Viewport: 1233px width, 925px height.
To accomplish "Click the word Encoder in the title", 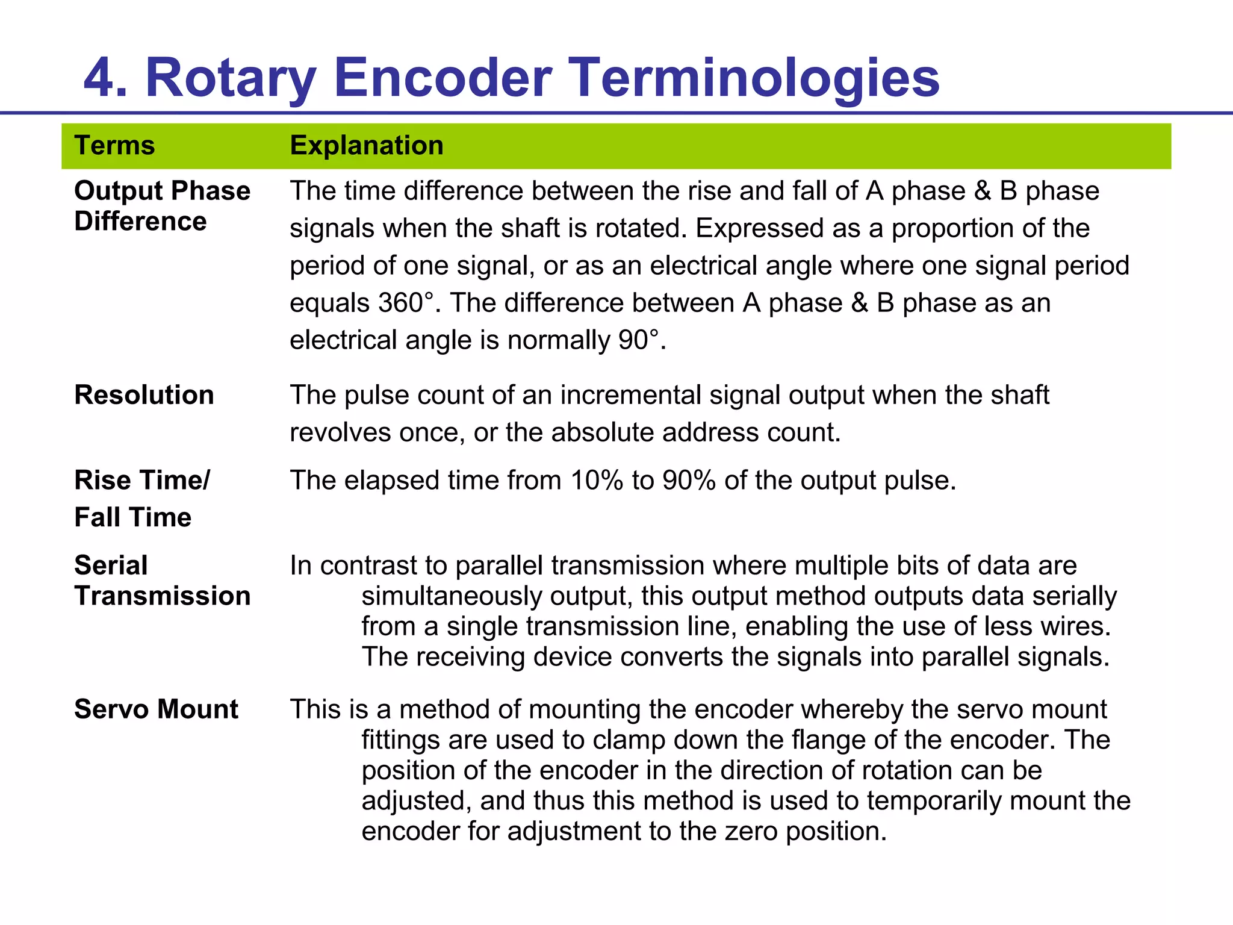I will click(x=442, y=78).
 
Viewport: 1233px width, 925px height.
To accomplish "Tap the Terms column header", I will click(x=114, y=146).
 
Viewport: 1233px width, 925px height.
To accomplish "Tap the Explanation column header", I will click(x=367, y=146).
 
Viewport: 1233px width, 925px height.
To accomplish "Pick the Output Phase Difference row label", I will click(x=162, y=206).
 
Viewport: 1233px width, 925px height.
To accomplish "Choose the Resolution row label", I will click(x=144, y=395).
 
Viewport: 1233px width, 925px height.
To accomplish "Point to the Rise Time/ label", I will click(x=142, y=480).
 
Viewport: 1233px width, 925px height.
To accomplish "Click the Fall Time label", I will click(x=132, y=517).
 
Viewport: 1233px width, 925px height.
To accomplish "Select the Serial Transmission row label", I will click(x=162, y=581).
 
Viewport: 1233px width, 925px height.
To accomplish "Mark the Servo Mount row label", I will click(x=156, y=709).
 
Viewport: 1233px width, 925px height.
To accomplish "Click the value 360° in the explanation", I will click(x=406, y=303).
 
